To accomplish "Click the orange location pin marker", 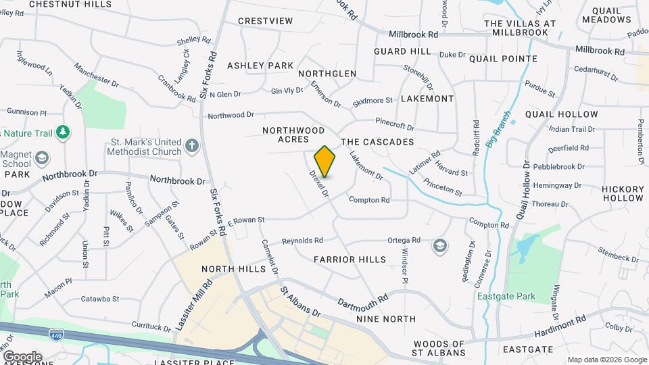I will tap(324, 161).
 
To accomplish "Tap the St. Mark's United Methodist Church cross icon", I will tap(193, 145).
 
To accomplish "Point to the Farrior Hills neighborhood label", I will tap(350, 260).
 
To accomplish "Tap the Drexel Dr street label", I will tap(319, 183).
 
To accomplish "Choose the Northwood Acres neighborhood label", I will tap(293, 135).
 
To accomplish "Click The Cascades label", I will tap(377, 142).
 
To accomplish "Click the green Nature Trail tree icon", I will tap(63, 130).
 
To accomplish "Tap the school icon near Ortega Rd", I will tap(440, 245).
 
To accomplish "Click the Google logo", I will tap(22, 356).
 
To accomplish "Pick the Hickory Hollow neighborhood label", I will tap(623, 193).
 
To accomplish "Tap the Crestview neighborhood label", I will tap(266, 21).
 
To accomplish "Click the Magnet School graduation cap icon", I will tap(43, 157).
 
